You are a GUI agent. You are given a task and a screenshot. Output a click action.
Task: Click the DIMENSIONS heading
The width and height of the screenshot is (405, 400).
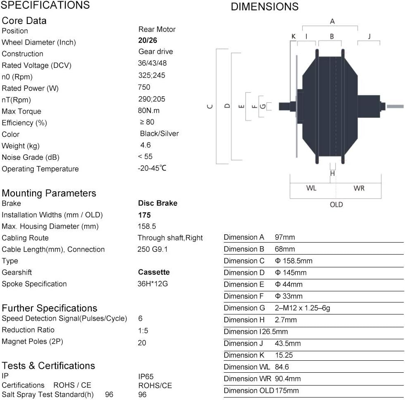pos(264,7)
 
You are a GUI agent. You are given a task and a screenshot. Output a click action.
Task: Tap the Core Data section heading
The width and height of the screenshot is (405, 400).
pos(24,21)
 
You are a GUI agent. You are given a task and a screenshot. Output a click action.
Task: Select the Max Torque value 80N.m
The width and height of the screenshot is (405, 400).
pos(149,110)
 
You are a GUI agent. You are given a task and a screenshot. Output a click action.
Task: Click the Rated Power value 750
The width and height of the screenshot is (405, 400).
pos(144,87)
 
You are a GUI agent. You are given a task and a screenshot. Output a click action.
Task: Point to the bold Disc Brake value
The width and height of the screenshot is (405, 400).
pos(157,203)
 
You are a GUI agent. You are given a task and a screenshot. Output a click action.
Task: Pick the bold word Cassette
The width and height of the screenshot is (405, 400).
pos(154,272)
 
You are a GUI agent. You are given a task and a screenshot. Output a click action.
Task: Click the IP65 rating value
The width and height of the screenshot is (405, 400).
pos(146,376)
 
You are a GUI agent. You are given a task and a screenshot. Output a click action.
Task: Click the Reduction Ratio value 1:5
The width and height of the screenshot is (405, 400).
pos(142,330)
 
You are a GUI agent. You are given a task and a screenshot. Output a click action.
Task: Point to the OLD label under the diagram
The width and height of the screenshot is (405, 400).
pos(336,205)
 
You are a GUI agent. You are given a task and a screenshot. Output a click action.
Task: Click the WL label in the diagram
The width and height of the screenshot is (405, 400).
pos(311,188)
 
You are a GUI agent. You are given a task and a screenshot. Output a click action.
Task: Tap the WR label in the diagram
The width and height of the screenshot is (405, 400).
pos(359,188)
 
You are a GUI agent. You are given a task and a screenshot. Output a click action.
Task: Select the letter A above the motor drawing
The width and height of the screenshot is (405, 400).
pos(332,21)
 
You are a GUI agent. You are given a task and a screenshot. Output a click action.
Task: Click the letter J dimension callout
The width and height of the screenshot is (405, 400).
pos(369,36)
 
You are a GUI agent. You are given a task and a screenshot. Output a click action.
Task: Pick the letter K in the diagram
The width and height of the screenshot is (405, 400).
pos(294,36)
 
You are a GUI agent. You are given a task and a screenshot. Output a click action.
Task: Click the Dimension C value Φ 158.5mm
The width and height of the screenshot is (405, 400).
pos(294,261)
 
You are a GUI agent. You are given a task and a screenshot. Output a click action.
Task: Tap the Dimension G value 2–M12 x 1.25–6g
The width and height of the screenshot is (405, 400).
pos(302,308)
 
